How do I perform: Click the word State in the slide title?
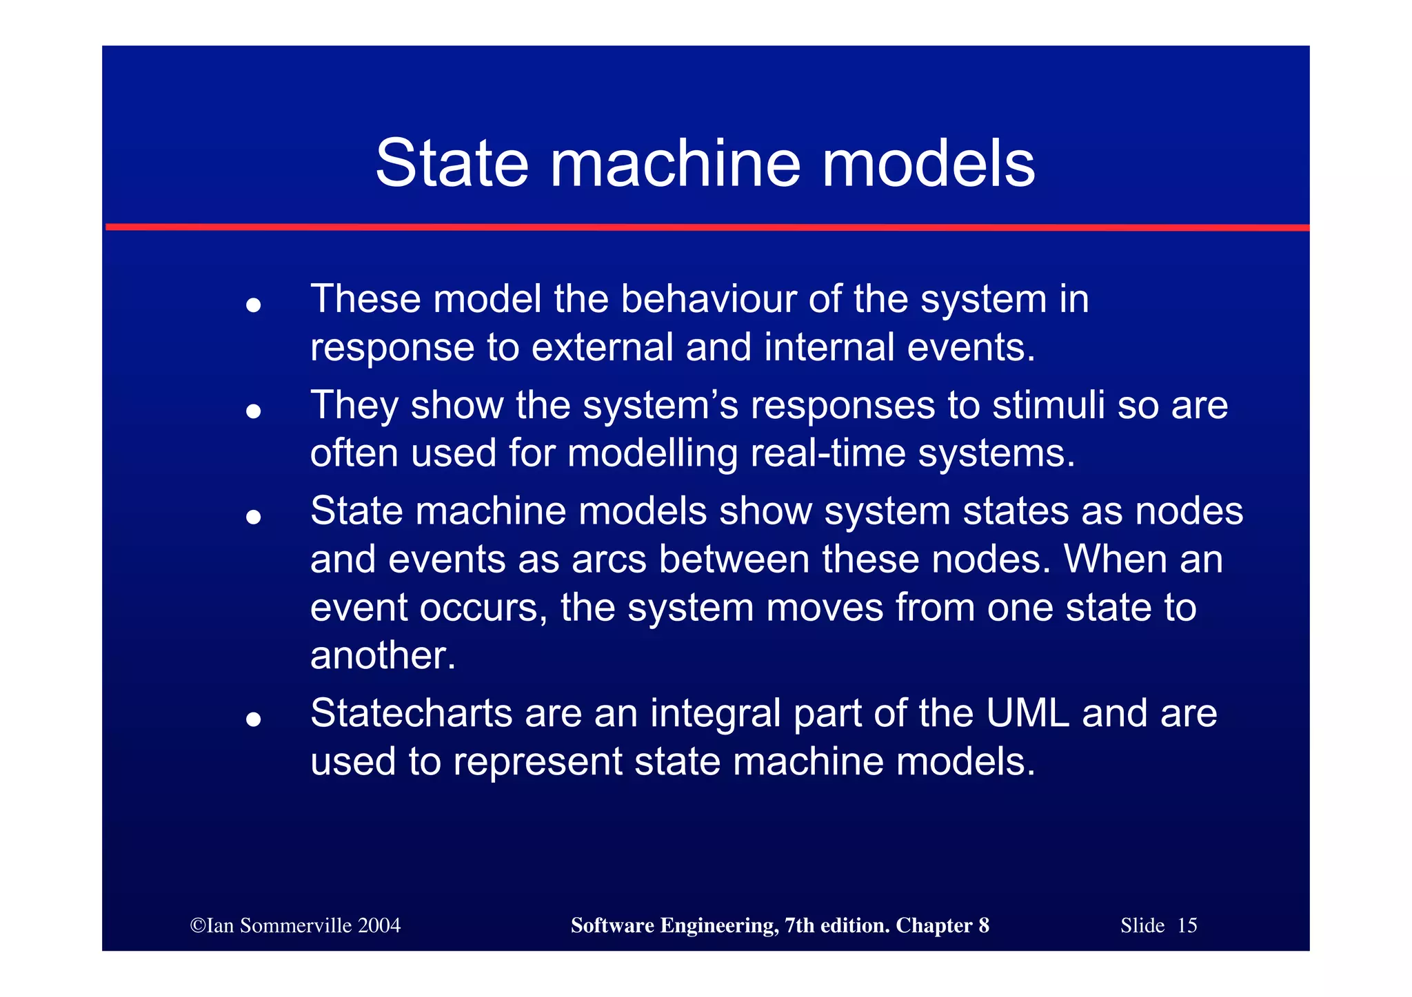point(452,164)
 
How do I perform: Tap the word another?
point(383,655)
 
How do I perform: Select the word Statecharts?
point(411,713)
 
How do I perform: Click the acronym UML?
point(1027,713)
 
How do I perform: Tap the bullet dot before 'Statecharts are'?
point(254,719)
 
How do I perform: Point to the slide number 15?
point(1187,925)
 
